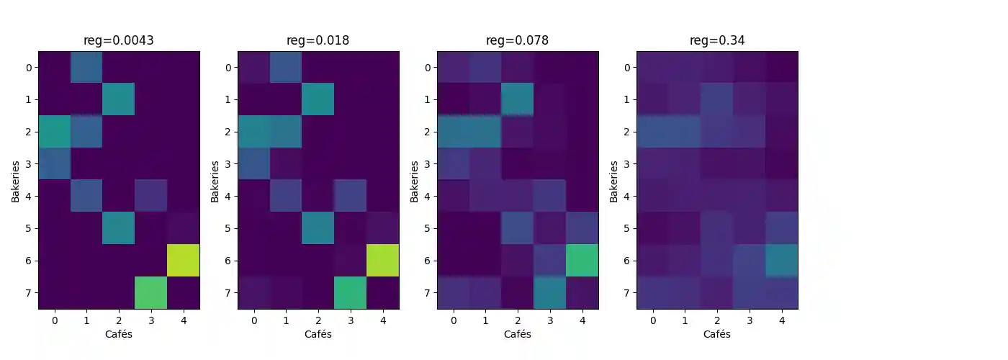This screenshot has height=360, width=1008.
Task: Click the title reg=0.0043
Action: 119,40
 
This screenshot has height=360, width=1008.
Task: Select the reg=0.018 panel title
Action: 318,40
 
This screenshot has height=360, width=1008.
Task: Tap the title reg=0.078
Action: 518,40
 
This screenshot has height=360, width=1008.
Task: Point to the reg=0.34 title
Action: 717,40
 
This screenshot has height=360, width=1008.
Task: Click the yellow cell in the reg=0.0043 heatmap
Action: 184,261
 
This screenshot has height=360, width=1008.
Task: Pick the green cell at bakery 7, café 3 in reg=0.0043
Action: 151,293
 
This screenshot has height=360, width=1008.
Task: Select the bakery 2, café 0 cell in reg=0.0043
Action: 54,132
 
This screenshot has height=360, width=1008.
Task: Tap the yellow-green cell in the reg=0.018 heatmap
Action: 383,261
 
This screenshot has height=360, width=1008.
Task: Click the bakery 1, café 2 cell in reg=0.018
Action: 318,99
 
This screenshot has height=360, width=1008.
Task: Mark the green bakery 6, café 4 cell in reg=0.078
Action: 582,261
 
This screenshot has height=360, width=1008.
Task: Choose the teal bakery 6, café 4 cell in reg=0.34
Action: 782,261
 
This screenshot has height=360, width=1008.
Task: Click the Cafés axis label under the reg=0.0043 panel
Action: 119,334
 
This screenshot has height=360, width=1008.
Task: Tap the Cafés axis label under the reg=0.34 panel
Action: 717,334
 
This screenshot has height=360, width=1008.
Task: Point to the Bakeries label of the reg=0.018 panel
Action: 215,181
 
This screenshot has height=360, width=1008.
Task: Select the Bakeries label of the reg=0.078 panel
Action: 414,181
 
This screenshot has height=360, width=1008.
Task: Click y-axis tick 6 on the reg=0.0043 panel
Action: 29,261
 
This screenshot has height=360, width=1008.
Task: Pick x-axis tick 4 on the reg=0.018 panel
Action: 383,319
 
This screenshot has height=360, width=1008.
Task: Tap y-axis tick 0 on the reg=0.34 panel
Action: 627,68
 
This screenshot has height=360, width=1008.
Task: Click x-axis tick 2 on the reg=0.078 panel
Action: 518,319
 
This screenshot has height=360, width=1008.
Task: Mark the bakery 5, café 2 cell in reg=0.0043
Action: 119,228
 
